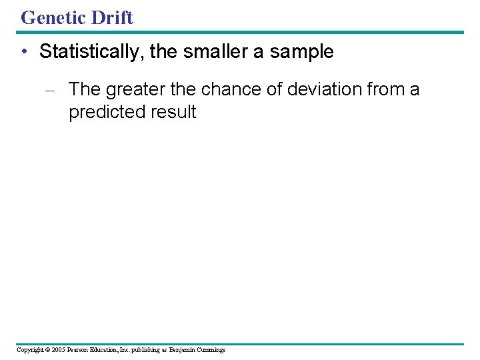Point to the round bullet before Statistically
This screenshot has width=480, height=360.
coord(24,53)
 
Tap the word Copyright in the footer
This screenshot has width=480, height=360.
coord(31,350)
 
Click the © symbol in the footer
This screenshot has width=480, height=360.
coord(49,350)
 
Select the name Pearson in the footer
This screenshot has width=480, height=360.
coord(79,350)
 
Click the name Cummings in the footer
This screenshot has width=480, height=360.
coord(211,350)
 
